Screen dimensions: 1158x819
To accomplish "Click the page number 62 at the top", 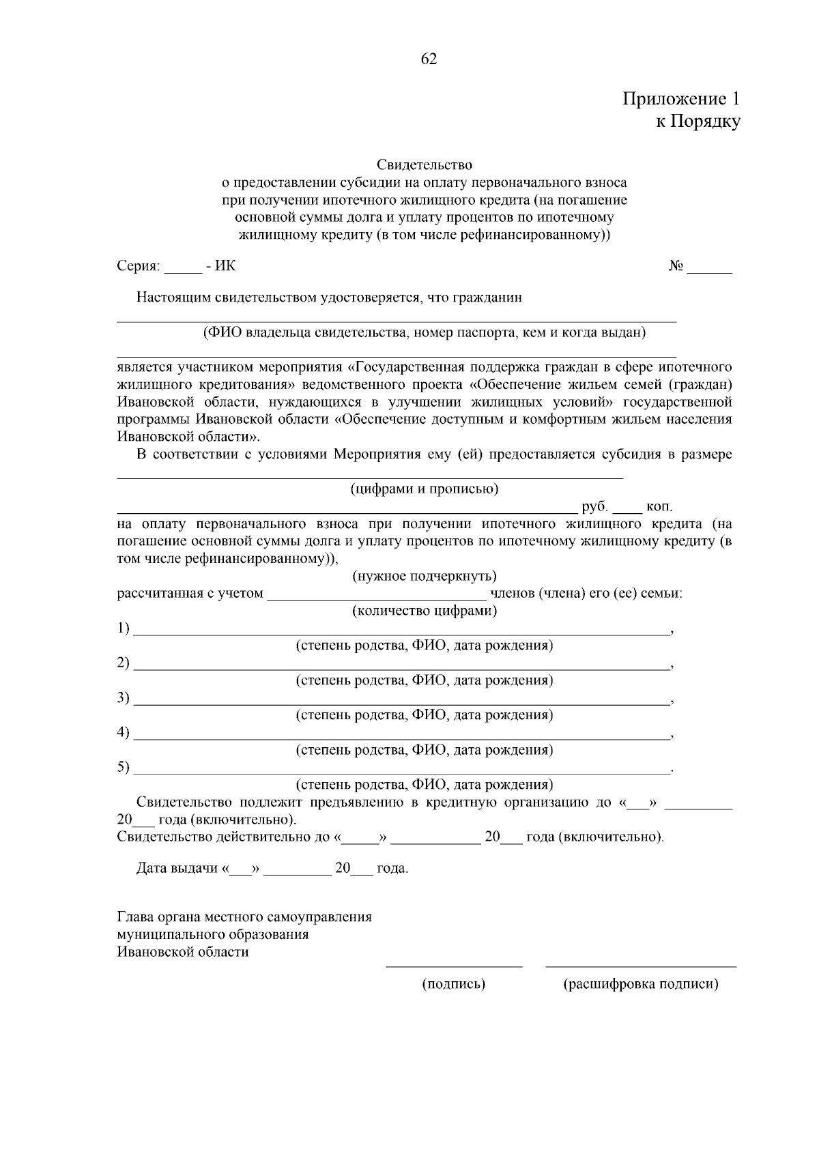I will (429, 59).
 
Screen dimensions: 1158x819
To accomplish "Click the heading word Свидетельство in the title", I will (424, 165).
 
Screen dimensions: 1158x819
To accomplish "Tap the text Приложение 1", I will (680, 100).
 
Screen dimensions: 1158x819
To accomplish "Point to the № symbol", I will (676, 267).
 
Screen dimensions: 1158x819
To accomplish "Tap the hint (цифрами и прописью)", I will (424, 489).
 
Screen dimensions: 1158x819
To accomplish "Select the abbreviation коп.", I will (659, 507).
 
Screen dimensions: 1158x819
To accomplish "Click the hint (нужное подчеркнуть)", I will (424, 577).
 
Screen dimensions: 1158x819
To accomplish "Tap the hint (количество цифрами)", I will (424, 611).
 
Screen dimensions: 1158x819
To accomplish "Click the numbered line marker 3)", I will (124, 698).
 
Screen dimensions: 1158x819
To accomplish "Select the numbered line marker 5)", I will (124, 768).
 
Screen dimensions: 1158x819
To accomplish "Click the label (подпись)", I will (454, 984).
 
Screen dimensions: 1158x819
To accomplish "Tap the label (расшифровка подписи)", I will (641, 984).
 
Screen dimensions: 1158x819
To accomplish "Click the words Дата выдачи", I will (177, 869).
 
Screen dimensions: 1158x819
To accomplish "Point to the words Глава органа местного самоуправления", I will (244, 916).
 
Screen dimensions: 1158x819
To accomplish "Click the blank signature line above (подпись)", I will (454, 965).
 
